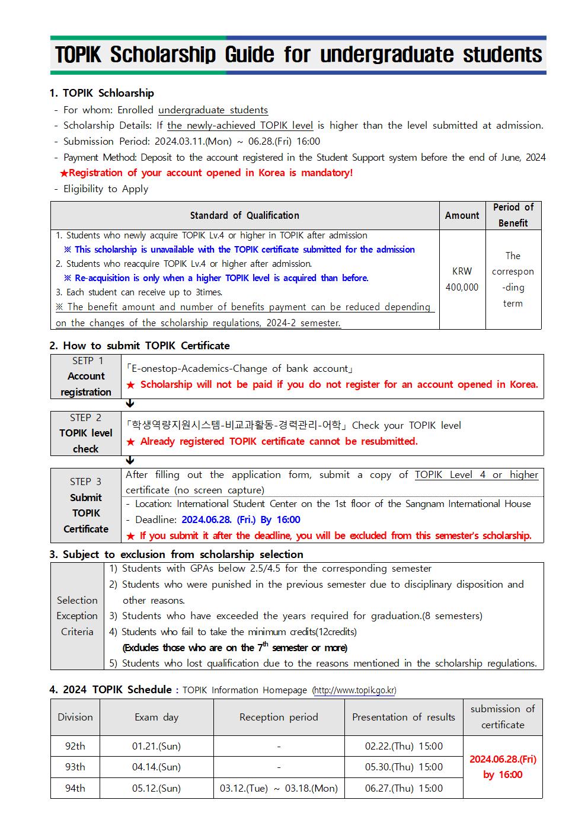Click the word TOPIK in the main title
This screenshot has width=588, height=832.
click(x=78, y=55)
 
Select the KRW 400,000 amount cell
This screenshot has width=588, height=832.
click(x=462, y=279)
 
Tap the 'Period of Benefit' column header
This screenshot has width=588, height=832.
click(x=513, y=215)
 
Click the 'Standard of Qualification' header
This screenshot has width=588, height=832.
click(x=244, y=215)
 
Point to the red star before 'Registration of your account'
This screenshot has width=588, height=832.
click(x=63, y=173)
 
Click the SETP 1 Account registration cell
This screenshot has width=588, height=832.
click(x=86, y=376)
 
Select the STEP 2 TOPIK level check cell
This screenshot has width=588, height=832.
click(x=86, y=433)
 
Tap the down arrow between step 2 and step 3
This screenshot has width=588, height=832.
click(x=130, y=461)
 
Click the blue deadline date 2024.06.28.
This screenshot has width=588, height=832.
click(x=207, y=519)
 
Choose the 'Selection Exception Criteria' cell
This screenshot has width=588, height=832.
click(x=77, y=616)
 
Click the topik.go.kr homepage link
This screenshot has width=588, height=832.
click(x=354, y=690)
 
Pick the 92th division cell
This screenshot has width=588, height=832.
click(x=75, y=746)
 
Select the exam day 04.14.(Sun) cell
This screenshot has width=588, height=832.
click(x=156, y=767)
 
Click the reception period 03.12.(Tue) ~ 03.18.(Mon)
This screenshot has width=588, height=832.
click(x=279, y=788)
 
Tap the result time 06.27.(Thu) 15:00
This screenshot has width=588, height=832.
click(x=404, y=788)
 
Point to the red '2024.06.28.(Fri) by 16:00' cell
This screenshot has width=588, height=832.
click(x=503, y=767)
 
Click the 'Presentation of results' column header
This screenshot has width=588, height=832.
click(x=404, y=717)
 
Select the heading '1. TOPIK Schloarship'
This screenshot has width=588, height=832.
click(x=101, y=93)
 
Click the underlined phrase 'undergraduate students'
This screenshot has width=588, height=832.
click(x=213, y=110)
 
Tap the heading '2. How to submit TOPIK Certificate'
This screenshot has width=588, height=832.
click(x=139, y=346)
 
